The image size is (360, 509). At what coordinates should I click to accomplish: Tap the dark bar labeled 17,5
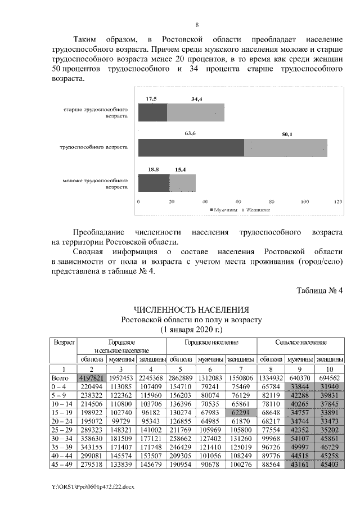coord(152,112)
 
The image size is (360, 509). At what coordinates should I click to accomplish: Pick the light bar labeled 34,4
coord(196,112)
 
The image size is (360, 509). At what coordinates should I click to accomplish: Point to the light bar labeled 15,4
coord(182,183)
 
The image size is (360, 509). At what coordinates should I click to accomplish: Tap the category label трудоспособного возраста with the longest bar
coord(94,147)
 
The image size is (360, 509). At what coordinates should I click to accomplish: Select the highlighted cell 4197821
coord(92,379)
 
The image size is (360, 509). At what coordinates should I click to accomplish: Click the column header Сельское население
coord(300,342)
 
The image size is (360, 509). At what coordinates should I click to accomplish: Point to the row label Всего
coord(60,379)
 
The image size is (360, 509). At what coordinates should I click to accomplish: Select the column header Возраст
coord(63,342)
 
